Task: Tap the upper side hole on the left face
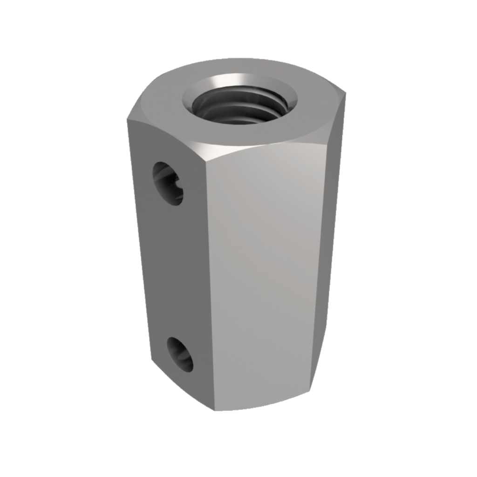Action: point(168,183)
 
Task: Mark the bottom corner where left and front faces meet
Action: point(214,410)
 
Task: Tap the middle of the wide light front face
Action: point(266,279)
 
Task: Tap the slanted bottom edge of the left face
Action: point(182,389)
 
